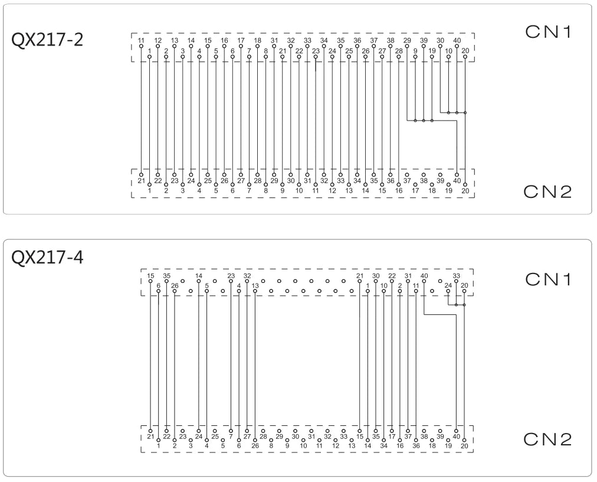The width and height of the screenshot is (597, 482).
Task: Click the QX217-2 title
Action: click(47, 40)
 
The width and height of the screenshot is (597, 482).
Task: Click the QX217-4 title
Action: click(47, 258)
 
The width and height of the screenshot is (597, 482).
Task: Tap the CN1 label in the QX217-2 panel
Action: click(548, 32)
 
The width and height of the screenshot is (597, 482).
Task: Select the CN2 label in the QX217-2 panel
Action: click(547, 192)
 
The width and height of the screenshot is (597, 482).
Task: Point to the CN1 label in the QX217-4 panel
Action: click(548, 279)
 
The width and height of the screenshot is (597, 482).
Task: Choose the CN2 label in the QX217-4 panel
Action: click(547, 439)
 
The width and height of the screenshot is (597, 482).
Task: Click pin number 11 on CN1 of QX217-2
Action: click(141, 40)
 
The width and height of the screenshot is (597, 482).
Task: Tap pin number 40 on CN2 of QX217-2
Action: click(457, 181)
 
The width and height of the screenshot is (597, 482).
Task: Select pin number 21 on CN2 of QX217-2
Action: click(141, 181)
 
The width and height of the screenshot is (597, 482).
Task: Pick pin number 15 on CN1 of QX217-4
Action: click(150, 276)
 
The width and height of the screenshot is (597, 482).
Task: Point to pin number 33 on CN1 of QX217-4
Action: click(456, 276)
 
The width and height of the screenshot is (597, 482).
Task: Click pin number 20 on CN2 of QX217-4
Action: click(464, 446)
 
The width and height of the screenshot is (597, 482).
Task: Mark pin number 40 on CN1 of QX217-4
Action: click(424, 276)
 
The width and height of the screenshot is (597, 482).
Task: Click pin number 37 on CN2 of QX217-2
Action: click(407, 181)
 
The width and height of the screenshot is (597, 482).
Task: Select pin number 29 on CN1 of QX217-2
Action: click(407, 40)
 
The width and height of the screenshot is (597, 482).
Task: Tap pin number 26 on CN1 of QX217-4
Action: click(175, 286)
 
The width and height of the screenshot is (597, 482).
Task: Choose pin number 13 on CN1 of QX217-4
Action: click(255, 286)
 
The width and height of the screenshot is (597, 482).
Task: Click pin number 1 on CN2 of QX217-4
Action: click(158, 446)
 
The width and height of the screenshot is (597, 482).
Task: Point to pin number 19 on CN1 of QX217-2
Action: click(432, 51)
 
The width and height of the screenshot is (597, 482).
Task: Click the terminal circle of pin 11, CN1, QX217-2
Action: click(141, 46)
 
